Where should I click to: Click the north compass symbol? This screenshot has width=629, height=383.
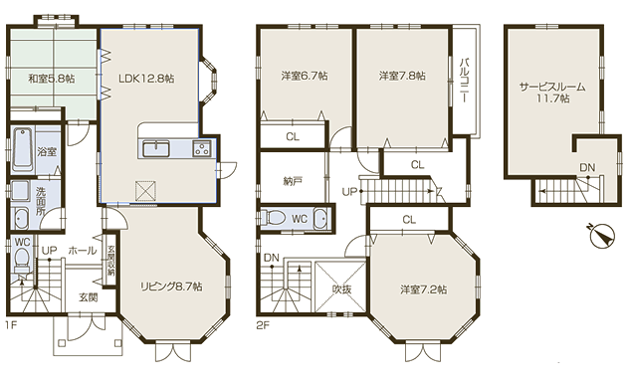point(602,235)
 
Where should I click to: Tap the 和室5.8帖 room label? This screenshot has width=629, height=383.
point(51,79)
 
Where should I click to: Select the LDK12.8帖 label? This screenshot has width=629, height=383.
point(146,79)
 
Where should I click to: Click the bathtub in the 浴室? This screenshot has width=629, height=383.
point(22,149)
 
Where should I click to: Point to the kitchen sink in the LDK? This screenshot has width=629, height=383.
point(156,149)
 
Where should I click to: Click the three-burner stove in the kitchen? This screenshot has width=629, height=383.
point(201,149)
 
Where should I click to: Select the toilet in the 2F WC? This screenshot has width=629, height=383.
point(273,218)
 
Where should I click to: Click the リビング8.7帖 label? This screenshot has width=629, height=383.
point(171,287)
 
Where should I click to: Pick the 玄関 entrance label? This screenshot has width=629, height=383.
point(88,297)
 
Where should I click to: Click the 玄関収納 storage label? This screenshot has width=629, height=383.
point(109,260)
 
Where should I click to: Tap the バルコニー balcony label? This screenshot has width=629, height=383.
point(465,81)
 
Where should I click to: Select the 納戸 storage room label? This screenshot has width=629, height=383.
point(293,181)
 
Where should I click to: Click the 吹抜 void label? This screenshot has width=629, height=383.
point(341,288)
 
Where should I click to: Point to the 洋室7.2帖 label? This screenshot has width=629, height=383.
point(423,289)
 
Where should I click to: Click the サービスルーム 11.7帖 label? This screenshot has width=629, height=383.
point(552,93)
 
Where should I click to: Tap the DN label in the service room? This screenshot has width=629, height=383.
point(587,168)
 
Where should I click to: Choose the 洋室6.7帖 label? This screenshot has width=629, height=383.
point(305,76)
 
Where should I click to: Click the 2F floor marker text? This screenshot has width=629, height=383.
point(263,325)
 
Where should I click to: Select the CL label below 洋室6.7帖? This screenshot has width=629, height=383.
point(293,136)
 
